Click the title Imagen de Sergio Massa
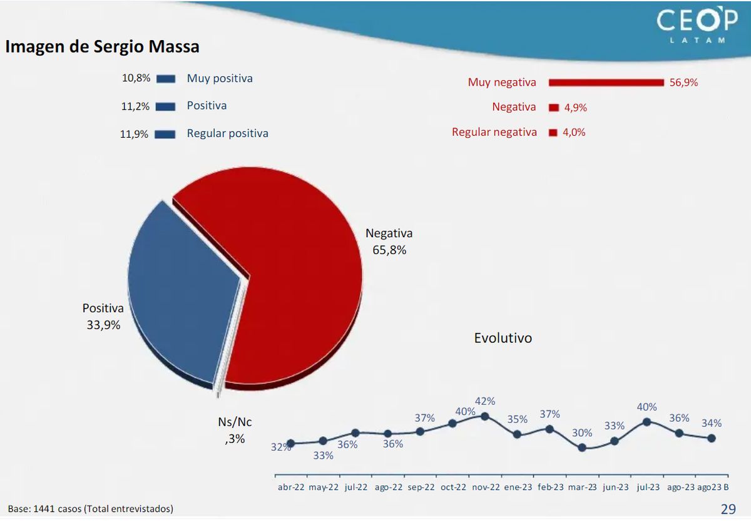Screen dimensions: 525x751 (x=103, y=47)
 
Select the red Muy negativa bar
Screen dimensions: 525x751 (x=606, y=83)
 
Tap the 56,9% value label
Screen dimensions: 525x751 (x=683, y=83)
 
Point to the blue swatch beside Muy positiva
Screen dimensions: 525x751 (x=166, y=79)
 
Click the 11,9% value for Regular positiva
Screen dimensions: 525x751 (x=135, y=133)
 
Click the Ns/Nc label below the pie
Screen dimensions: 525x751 (x=235, y=422)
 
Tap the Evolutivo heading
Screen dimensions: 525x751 (x=503, y=338)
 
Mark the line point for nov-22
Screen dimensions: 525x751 (x=485, y=416)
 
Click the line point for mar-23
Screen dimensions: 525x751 (x=582, y=447)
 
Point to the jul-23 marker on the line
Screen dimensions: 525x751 (x=646, y=422)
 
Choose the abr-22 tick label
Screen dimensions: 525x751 (x=291, y=487)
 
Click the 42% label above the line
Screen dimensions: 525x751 (x=485, y=401)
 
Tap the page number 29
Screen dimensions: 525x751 (x=728, y=508)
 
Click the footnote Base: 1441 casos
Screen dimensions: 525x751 (x=91, y=509)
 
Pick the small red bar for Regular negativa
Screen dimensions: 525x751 (x=553, y=133)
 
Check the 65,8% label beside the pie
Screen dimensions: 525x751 (x=389, y=250)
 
